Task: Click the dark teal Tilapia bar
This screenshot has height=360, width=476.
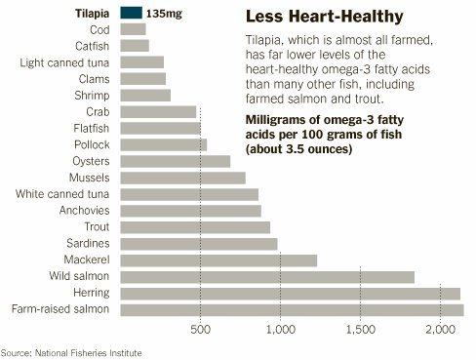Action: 131,13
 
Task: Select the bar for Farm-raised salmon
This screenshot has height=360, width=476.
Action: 291,310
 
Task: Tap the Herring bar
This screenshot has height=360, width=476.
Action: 289,294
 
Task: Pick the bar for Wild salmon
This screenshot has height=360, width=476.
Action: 266,277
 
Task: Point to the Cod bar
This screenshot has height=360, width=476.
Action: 132,29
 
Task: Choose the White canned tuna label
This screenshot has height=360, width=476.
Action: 62,194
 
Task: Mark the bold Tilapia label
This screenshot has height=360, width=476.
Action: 91,14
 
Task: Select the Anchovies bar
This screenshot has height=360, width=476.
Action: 190,211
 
